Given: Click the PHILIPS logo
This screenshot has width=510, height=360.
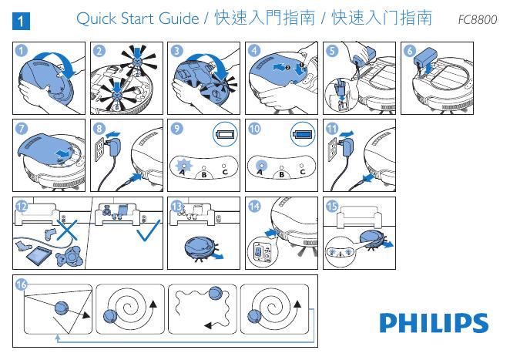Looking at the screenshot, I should [433, 323].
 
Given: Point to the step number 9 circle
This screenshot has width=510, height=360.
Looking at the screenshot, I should [177, 128].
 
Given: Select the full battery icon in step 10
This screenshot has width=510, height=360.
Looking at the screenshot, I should [303, 135].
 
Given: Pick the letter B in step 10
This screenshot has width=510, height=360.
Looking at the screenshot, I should [282, 173].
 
